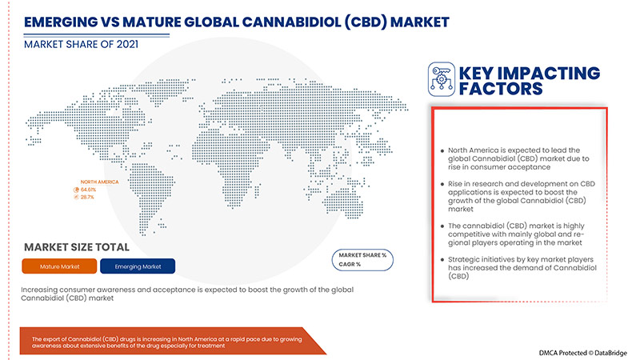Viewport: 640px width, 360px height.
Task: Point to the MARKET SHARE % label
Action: [362, 254]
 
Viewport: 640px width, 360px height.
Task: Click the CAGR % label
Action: [350, 264]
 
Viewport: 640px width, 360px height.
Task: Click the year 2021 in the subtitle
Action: [122, 45]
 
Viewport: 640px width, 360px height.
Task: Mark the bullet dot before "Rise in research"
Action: [442, 186]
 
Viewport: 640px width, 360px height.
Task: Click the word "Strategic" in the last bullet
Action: [468, 261]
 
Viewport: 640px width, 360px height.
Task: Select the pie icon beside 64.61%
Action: [76, 189]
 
